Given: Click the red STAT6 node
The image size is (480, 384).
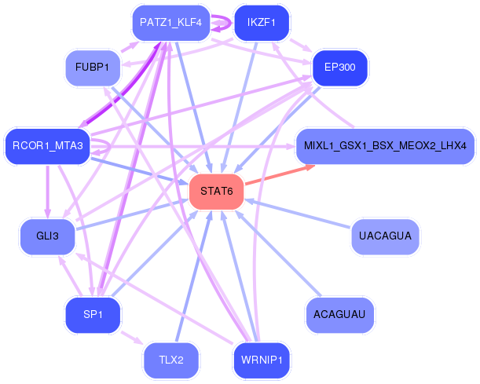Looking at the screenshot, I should (x=217, y=192).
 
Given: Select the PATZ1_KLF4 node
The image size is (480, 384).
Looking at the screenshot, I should (x=170, y=23).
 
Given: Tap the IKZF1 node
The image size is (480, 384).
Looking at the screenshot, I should (x=262, y=23).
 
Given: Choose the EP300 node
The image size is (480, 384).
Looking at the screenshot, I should (x=339, y=68).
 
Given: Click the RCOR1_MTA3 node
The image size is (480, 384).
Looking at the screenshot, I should (x=47, y=145).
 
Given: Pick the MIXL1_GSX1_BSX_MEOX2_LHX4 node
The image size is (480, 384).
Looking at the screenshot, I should (x=385, y=146).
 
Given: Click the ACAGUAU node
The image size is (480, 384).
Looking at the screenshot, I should (x=339, y=314).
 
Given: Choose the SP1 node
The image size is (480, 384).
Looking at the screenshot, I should (x=93, y=314).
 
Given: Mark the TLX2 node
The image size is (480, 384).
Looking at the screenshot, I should (x=170, y=360).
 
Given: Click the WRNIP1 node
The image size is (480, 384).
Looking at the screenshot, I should (x=262, y=360).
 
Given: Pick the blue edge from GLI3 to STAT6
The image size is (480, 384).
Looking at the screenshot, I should (x=134, y=214).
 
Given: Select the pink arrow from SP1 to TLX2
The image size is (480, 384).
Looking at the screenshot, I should (x=130, y=336).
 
